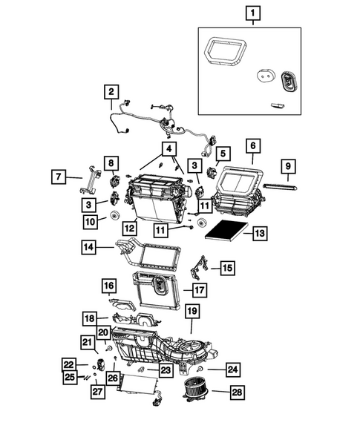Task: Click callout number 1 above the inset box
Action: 253,13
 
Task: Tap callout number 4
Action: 170,148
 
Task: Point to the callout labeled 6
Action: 252,145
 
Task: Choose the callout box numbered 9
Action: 289,165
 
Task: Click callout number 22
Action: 69,364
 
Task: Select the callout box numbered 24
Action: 232,368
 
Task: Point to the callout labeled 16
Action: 109,286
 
